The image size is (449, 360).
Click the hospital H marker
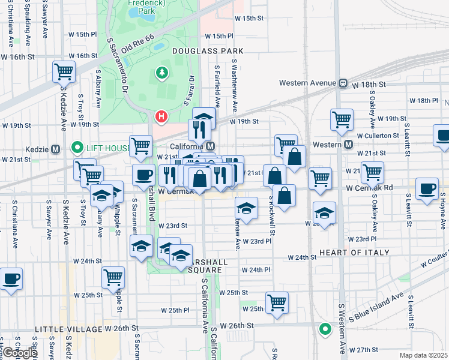click(161, 116)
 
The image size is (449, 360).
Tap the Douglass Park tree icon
click(161, 73)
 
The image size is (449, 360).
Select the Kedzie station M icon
click(55, 148)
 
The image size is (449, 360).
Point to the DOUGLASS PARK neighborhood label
click(199, 52)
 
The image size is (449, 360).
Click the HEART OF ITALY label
click(355, 253)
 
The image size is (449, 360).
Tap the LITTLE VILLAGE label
click(68, 329)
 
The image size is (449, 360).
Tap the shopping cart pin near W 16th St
click(64, 72)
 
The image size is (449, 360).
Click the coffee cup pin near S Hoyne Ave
click(427, 189)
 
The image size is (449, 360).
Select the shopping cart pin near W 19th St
click(342, 119)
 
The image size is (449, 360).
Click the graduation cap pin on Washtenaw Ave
click(246, 208)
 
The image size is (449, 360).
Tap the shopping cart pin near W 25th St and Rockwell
click(277, 302)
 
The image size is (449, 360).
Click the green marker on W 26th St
click(325, 329)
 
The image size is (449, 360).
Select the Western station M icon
click(349, 145)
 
